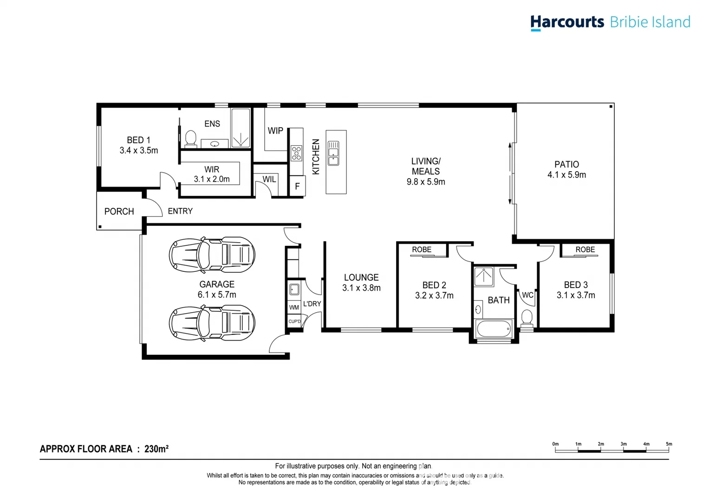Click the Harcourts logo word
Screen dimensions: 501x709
[x=567, y=22]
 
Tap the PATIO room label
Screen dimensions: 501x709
[x=566, y=164]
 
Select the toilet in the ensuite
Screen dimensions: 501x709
[x=190, y=138]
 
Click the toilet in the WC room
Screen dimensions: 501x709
[x=527, y=318]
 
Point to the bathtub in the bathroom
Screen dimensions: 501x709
[x=494, y=329]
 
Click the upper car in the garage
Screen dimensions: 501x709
[x=212, y=254]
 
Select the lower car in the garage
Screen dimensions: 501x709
[x=212, y=322]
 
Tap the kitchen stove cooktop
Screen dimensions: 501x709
[x=296, y=153]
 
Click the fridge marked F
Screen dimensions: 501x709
[x=297, y=186]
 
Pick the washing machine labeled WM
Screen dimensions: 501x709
[x=294, y=307]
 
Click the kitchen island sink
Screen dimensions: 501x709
[x=333, y=154]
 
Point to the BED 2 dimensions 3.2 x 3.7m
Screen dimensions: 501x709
[x=434, y=295]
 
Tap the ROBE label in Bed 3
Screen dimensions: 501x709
[x=585, y=250]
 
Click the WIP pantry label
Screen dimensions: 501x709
[x=275, y=131]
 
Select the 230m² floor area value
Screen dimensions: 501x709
[x=156, y=449]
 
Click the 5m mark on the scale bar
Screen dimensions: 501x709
[x=669, y=444]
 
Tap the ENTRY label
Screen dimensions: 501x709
[x=180, y=211]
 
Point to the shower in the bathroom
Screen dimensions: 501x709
[x=484, y=277]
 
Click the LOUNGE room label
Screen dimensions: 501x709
[x=361, y=277]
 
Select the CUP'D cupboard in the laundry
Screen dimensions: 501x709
[x=294, y=321]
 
